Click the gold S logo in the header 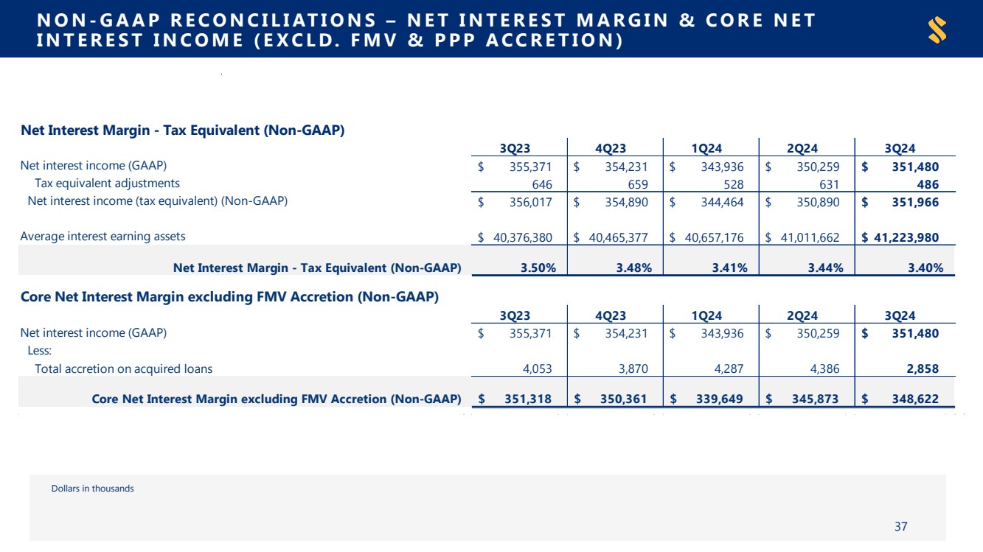pyautogui.click(x=937, y=29)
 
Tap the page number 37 pyautogui.click(x=901, y=526)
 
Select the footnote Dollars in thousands pyautogui.click(x=93, y=489)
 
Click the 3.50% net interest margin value pyautogui.click(x=538, y=268)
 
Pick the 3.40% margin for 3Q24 pyautogui.click(x=925, y=268)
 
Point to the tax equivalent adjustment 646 pyautogui.click(x=542, y=184)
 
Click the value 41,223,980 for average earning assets pyautogui.click(x=906, y=237)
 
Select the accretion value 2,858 pyautogui.click(x=923, y=368)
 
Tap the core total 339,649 pyautogui.click(x=719, y=399)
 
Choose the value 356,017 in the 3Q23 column pyautogui.click(x=530, y=202)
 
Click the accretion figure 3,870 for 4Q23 pyautogui.click(x=633, y=368)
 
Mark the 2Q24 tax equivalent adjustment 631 pyautogui.click(x=829, y=184)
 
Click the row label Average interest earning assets pyautogui.click(x=103, y=237)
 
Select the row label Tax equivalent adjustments pyautogui.click(x=107, y=184)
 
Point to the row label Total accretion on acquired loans pyautogui.click(x=123, y=368)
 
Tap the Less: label pyautogui.click(x=40, y=351)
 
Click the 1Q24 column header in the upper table pyautogui.click(x=706, y=149)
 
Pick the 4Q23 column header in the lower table pyautogui.click(x=611, y=315)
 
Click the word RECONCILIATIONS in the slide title pyautogui.click(x=273, y=20)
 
